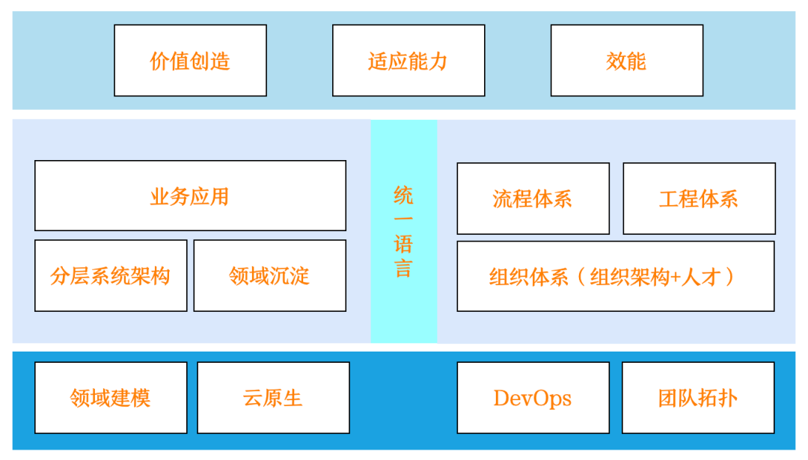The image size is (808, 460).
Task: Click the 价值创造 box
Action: click(x=190, y=61)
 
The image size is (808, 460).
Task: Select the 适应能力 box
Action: click(x=408, y=61)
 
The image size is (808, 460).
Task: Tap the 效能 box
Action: click(x=627, y=61)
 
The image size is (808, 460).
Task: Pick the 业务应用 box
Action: click(x=190, y=195)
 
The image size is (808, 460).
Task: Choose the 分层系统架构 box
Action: click(x=111, y=275)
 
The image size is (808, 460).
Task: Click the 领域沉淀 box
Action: click(x=269, y=275)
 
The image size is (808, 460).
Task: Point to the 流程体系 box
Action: click(x=533, y=198)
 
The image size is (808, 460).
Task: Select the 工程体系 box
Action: click(x=699, y=198)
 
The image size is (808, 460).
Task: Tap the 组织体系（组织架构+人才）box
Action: click(x=615, y=276)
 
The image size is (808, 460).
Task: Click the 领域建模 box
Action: click(x=111, y=398)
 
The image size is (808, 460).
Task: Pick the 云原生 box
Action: click(x=273, y=398)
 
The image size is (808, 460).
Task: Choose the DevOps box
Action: click(x=533, y=398)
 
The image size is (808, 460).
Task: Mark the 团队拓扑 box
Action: click(x=698, y=398)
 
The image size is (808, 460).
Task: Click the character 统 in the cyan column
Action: click(x=403, y=195)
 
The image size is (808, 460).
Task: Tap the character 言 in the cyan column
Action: click(x=403, y=269)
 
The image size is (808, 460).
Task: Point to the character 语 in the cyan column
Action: click(x=403, y=244)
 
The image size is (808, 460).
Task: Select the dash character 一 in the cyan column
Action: click(x=403, y=219)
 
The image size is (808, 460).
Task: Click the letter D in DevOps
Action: click(x=501, y=398)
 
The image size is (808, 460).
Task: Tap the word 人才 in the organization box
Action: click(x=700, y=277)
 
